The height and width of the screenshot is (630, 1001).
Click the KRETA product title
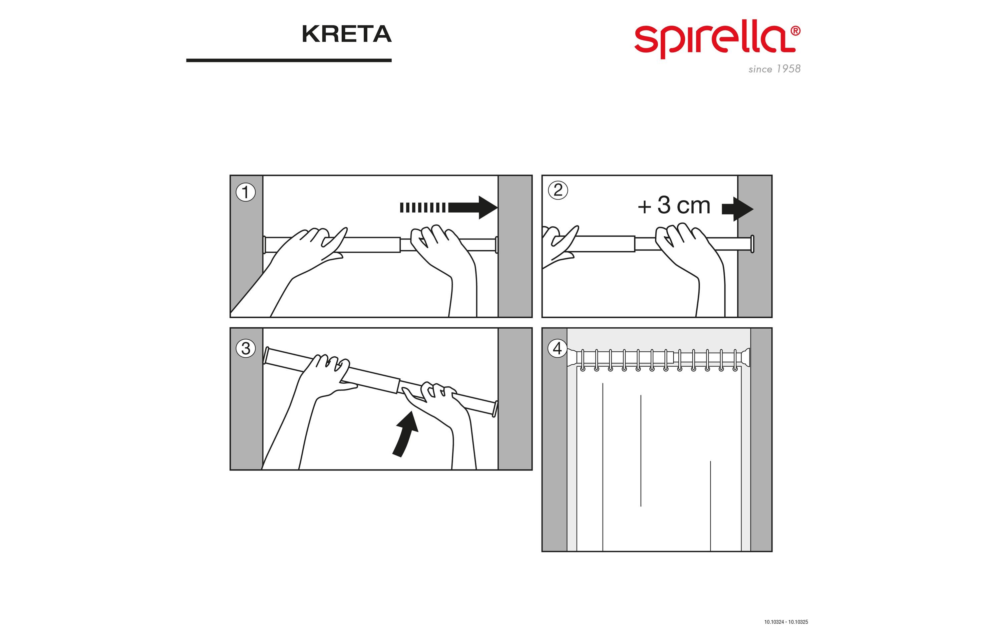(x=346, y=34)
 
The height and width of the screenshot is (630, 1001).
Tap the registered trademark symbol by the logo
(x=795, y=31)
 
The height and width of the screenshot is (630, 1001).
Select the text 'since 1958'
(x=774, y=69)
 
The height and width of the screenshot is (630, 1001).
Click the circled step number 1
(x=246, y=193)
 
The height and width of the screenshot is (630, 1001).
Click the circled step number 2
(x=558, y=191)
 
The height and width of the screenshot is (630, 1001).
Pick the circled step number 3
(x=246, y=348)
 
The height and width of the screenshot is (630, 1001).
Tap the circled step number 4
(x=558, y=348)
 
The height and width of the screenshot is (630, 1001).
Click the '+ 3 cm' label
(x=674, y=206)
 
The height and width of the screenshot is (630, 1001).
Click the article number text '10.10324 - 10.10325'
(x=786, y=622)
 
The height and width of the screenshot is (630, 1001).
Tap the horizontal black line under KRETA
(x=289, y=60)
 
